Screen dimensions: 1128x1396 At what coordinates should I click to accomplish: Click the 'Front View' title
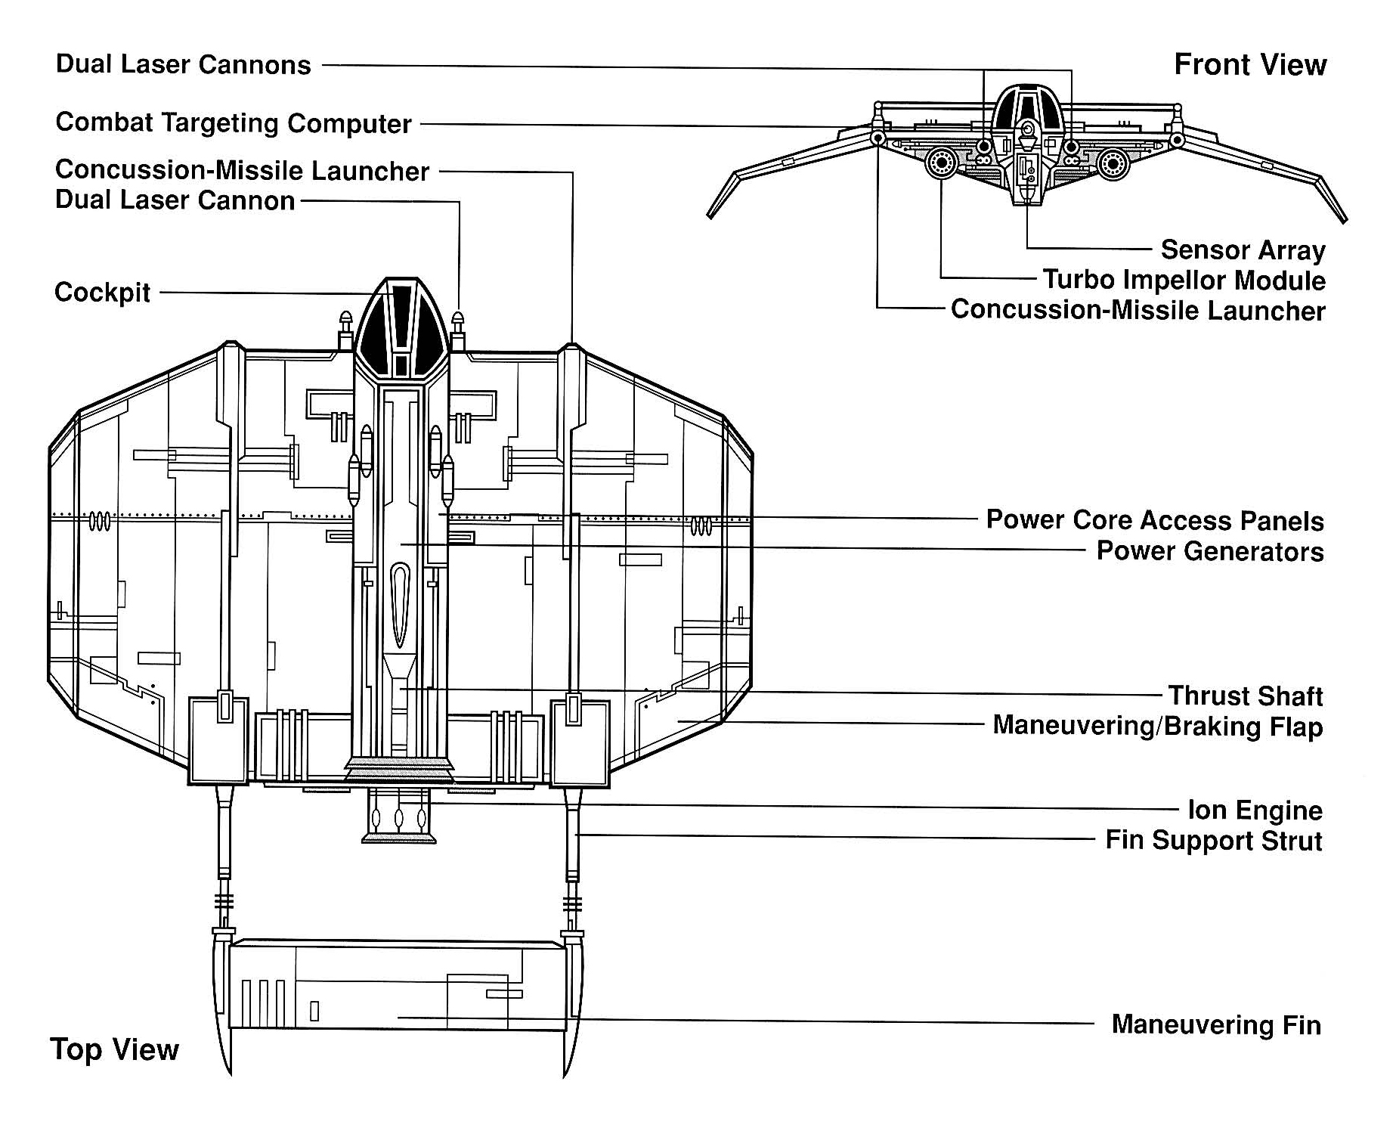pyautogui.click(x=1249, y=65)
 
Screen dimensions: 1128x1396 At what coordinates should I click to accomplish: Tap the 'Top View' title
pyautogui.click(x=114, y=1049)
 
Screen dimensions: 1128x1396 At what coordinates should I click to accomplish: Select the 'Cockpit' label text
pyautogui.click(x=102, y=293)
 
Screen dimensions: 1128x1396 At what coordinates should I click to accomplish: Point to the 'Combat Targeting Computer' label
pyautogui.click(x=234, y=122)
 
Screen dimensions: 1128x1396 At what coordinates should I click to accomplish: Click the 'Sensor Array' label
pyautogui.click(x=1243, y=249)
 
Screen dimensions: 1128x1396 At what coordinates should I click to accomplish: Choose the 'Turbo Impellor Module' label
pyautogui.click(x=1184, y=280)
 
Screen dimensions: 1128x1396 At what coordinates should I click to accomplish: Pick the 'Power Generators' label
pyautogui.click(x=1209, y=551)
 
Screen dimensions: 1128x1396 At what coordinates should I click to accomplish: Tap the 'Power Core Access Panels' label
pyautogui.click(x=1154, y=520)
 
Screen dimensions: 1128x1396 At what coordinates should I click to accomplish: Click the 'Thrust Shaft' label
pyautogui.click(x=1245, y=696)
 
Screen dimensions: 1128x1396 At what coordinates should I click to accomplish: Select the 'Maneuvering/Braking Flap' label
pyautogui.click(x=1157, y=726)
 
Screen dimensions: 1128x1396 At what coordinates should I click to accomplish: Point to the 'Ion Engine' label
pyautogui.click(x=1255, y=810)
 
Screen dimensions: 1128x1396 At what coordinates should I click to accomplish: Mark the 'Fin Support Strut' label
pyautogui.click(x=1213, y=841)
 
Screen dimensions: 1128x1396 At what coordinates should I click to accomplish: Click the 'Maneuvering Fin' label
pyautogui.click(x=1215, y=1025)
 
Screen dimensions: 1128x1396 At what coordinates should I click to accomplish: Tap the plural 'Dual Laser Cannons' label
pyautogui.click(x=183, y=65)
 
